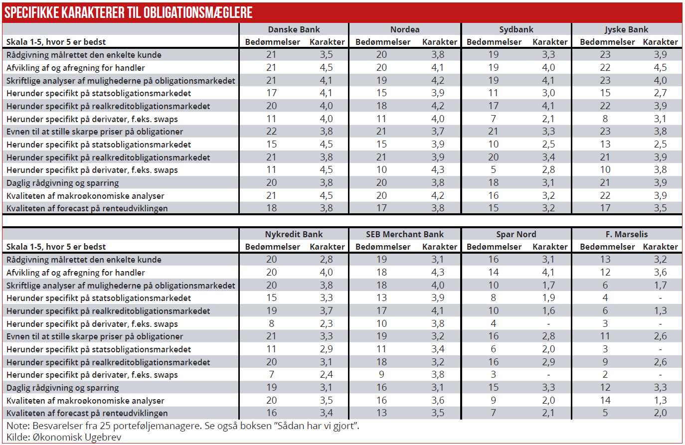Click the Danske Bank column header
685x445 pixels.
[x=294, y=29]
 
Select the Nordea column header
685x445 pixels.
[x=405, y=29]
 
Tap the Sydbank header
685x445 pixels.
[x=516, y=29]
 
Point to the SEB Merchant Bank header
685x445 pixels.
[x=404, y=234]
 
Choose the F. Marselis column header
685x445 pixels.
[x=627, y=234]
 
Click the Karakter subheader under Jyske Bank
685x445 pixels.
[x=660, y=42]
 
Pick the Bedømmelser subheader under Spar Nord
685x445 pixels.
[x=494, y=247]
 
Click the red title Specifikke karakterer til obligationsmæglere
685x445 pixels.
[x=129, y=12]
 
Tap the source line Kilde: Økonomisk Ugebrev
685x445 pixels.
[x=64, y=437]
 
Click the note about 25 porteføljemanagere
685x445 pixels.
[x=182, y=426]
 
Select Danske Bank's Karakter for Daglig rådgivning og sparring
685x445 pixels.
[x=326, y=182]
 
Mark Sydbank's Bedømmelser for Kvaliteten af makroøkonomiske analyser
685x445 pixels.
[x=493, y=195]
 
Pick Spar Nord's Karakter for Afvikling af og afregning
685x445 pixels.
[x=548, y=272]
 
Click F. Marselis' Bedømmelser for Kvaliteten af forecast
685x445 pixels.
[x=605, y=413]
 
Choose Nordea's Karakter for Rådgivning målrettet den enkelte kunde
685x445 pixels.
[x=438, y=55]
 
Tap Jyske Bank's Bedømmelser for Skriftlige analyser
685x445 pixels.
[x=605, y=80]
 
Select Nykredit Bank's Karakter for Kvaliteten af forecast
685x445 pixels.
[x=326, y=413]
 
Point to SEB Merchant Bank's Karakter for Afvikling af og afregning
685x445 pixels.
[x=438, y=272]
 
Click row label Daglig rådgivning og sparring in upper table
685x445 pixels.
[x=62, y=183]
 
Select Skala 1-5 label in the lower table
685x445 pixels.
[x=56, y=247]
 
